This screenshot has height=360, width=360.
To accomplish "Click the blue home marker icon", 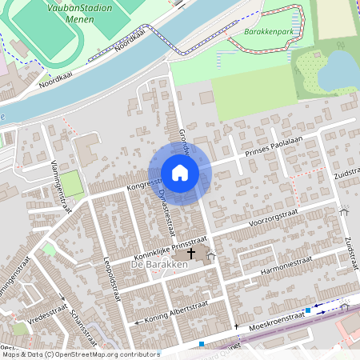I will coord(180,173).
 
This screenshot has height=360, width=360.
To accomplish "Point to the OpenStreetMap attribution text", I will coord(80,354).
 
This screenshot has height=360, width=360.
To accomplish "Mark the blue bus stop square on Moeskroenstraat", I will coord(308,310).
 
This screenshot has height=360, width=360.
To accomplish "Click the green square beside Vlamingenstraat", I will coord(72,183).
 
